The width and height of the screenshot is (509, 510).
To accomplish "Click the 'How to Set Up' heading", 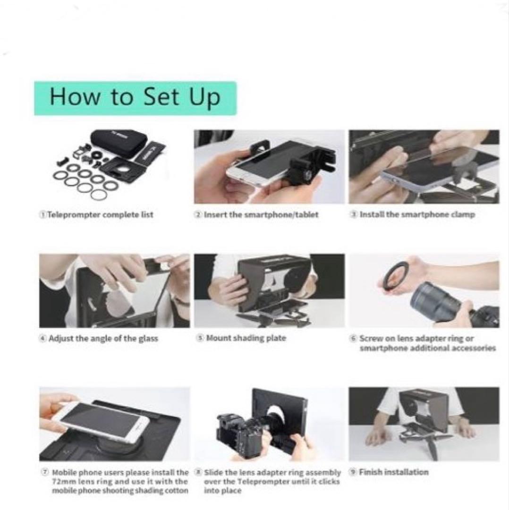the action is (x=135, y=97).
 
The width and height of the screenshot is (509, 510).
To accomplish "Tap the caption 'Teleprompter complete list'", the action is (x=100, y=215).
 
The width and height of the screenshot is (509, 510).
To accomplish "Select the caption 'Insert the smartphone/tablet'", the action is (x=261, y=215).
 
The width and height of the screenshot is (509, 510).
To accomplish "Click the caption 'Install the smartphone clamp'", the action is (x=417, y=215).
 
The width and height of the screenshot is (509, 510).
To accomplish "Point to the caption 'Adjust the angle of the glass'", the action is (x=103, y=339).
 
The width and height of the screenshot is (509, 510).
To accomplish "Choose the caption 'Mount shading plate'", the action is (x=246, y=338).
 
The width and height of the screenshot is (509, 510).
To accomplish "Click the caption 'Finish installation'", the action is (x=393, y=472).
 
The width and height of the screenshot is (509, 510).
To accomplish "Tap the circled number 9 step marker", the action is (x=353, y=472).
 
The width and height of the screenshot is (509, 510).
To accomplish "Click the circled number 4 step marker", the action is (x=42, y=338).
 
